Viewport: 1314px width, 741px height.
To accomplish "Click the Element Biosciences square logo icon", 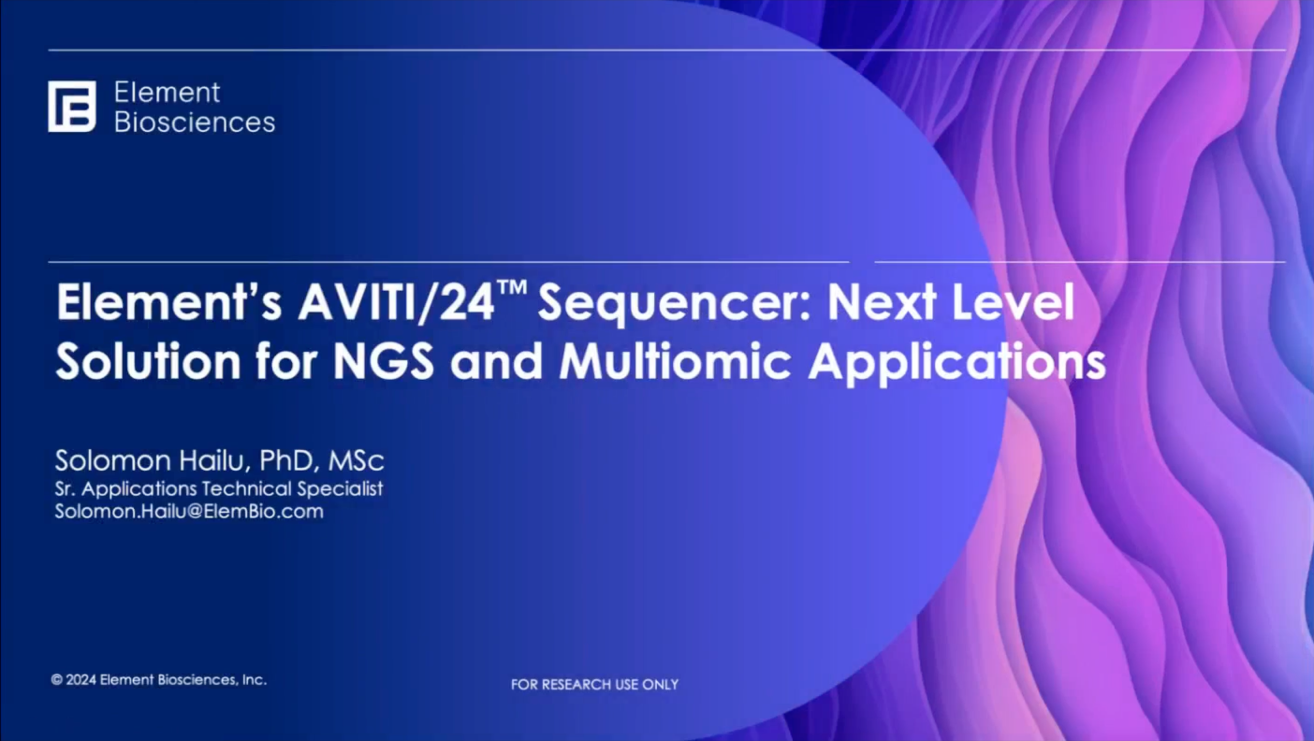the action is [72, 106].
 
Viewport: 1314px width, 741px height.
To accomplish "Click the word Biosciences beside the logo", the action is [195, 123].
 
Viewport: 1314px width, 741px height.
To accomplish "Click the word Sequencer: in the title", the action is [673, 307].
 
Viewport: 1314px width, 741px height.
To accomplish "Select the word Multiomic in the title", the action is [675, 362].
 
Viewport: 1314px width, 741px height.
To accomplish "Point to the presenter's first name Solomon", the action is [113, 460].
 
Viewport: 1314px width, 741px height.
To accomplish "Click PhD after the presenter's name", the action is [286, 461].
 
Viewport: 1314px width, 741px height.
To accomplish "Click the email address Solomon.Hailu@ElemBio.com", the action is [189, 512].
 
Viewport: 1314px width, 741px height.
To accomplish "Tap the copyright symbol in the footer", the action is [57, 680].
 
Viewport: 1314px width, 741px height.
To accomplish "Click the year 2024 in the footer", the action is [81, 680].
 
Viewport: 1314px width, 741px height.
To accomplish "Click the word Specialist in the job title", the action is [340, 489].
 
